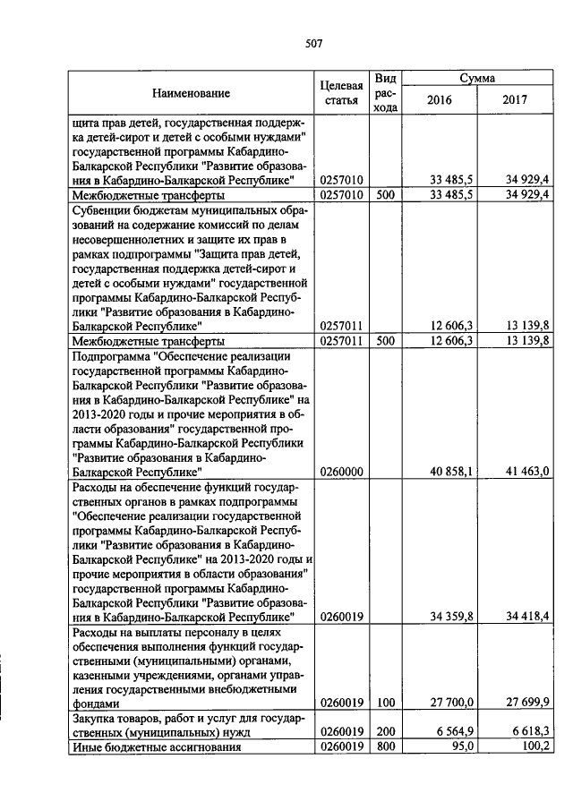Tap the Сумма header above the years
pyautogui.click(x=477, y=79)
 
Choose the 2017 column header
pyautogui.click(x=515, y=99)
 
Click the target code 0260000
pyautogui.click(x=340, y=470)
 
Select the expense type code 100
pyautogui.click(x=385, y=703)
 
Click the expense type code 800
pyautogui.click(x=385, y=746)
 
